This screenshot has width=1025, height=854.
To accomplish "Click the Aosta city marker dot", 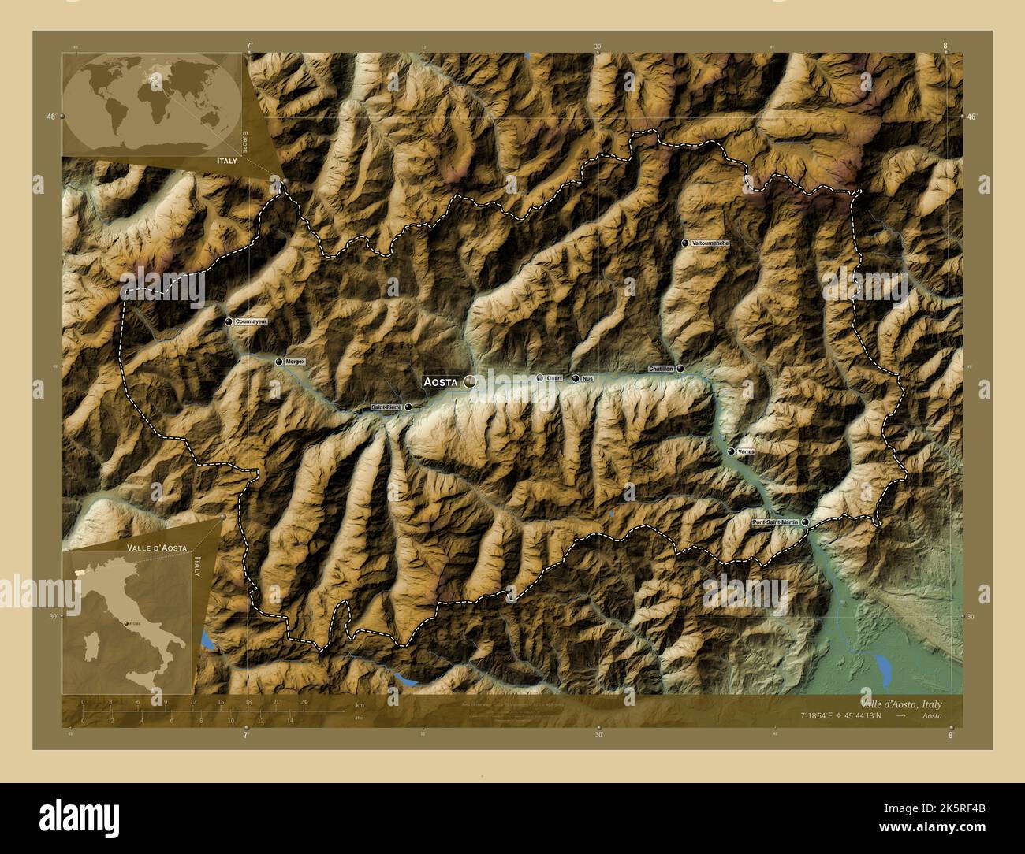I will [x=470, y=381].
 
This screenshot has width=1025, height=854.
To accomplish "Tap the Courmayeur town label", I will [x=252, y=322].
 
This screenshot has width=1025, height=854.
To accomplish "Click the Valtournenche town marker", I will [x=685, y=243].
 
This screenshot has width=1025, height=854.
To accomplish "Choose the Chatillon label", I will [x=661, y=369].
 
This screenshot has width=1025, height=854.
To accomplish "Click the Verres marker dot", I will [x=731, y=451].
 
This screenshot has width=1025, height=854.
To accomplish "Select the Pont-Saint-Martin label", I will [x=774, y=522].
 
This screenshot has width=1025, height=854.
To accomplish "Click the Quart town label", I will [x=554, y=378].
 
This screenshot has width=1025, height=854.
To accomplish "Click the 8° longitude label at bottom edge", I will [x=951, y=735].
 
